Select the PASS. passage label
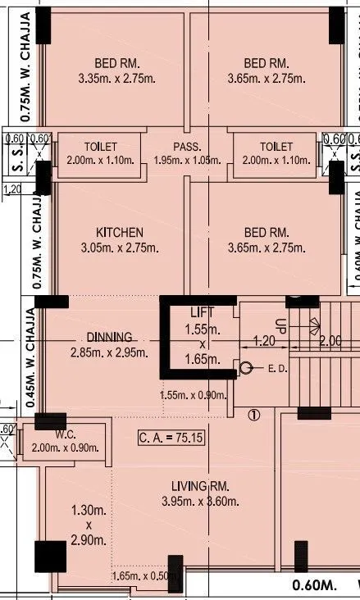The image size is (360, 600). tap(187, 148)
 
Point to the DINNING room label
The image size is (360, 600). tap(109, 338)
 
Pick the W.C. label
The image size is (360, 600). tap(66, 434)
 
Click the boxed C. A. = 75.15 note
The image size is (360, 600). tap(171, 439)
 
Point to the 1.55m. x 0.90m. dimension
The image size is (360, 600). tap(194, 396)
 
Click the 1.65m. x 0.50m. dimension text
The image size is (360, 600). tap(144, 577)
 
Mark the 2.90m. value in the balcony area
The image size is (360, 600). tap(89, 540)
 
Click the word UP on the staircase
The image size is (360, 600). tap(280, 324)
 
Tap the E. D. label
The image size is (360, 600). tap(276, 370)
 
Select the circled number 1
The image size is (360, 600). tap(253, 415)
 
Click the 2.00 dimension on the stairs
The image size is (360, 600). tap(330, 341)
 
